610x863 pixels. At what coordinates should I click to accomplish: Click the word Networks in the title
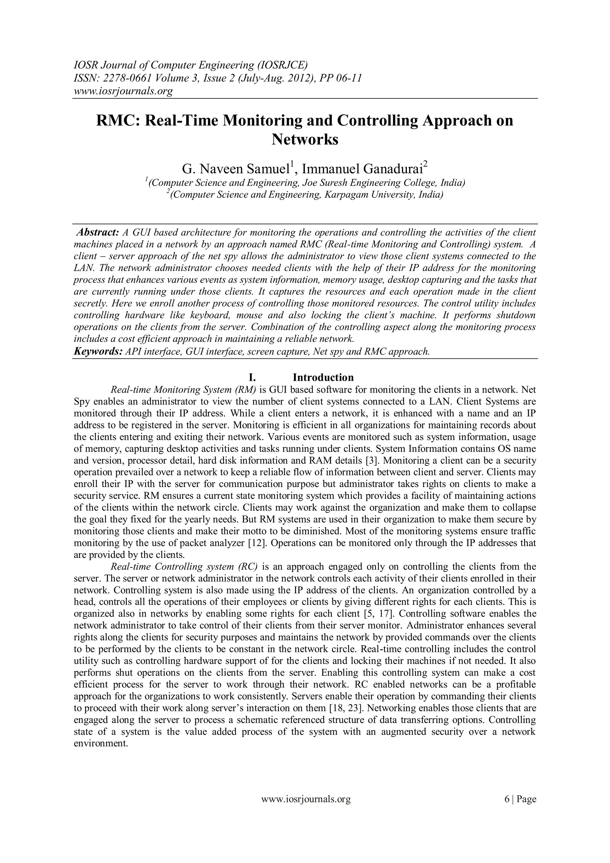[305, 139]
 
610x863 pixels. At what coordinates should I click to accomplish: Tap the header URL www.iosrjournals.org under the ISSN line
[122, 91]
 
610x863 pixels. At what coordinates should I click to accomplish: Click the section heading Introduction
[323, 377]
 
